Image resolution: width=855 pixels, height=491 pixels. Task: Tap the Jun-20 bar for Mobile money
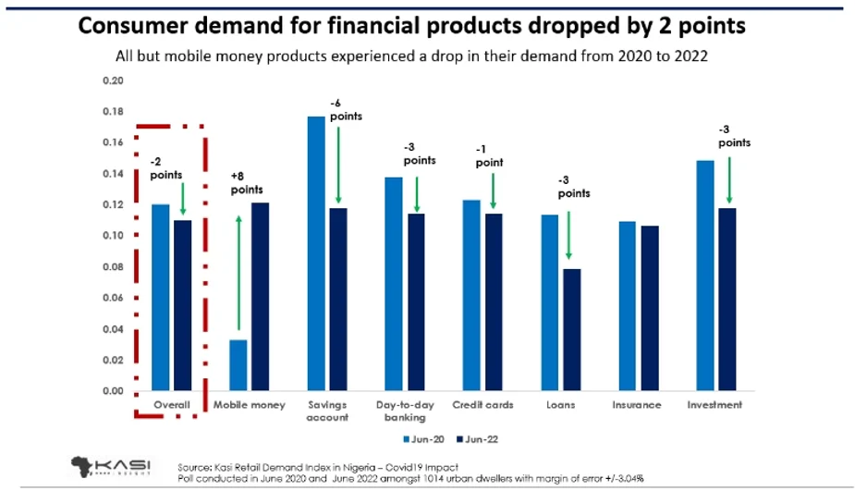(x=238, y=365)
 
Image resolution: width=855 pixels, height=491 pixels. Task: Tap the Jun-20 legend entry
(x=421, y=439)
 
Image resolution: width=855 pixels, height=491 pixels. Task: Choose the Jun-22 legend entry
(x=480, y=439)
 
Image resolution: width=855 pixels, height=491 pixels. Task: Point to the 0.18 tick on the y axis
(x=112, y=112)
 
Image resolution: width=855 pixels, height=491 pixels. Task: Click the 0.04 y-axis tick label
(x=112, y=329)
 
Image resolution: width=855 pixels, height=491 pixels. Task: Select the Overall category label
(x=172, y=405)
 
